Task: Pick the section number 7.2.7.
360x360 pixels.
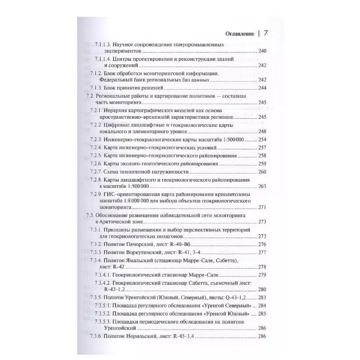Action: point(96,171)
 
